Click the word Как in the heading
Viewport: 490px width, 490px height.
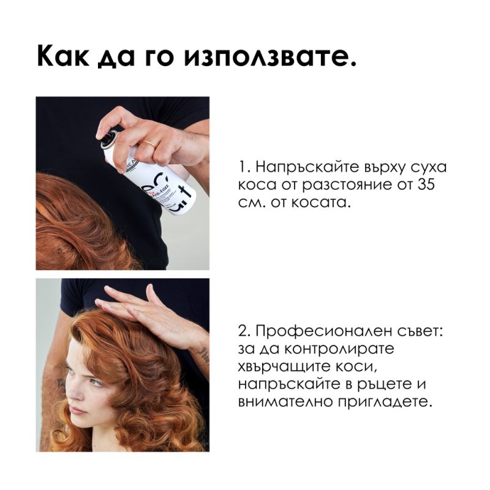pos(63,56)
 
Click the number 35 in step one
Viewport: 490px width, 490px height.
pos(426,185)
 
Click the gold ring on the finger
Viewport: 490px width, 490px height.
pos(149,143)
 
